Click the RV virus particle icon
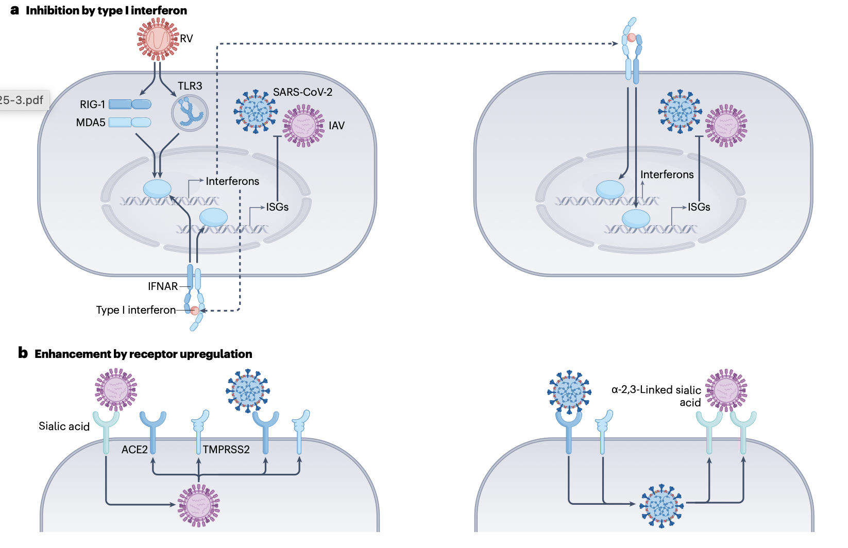[x=158, y=39]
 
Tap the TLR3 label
[x=190, y=86]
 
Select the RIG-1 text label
[x=92, y=105]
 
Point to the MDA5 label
[x=91, y=123]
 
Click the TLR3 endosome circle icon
[x=190, y=113]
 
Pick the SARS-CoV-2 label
[x=302, y=92]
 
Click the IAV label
[x=336, y=126]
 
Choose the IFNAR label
[x=162, y=286]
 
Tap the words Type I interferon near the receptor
[x=135, y=310]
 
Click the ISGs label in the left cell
[x=277, y=207]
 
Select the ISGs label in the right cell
[x=699, y=207]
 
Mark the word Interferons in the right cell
[x=667, y=175]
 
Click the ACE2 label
[x=134, y=450]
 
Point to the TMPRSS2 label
[x=226, y=450]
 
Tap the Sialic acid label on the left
[x=64, y=426]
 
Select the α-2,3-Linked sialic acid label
[x=656, y=396]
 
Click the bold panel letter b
[x=23, y=353]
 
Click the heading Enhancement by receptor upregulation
[x=143, y=354]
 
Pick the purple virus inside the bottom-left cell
[x=198, y=505]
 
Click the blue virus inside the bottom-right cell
[x=662, y=506]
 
